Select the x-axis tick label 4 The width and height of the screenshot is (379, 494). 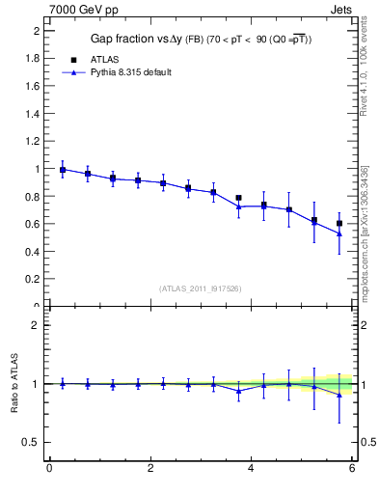[x=251, y=469]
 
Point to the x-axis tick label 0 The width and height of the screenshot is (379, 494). [x=49, y=469]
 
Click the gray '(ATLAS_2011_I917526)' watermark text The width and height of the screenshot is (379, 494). [x=200, y=288]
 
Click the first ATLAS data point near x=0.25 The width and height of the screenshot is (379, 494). [x=63, y=170]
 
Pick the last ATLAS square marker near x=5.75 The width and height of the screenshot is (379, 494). [x=338, y=223]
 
